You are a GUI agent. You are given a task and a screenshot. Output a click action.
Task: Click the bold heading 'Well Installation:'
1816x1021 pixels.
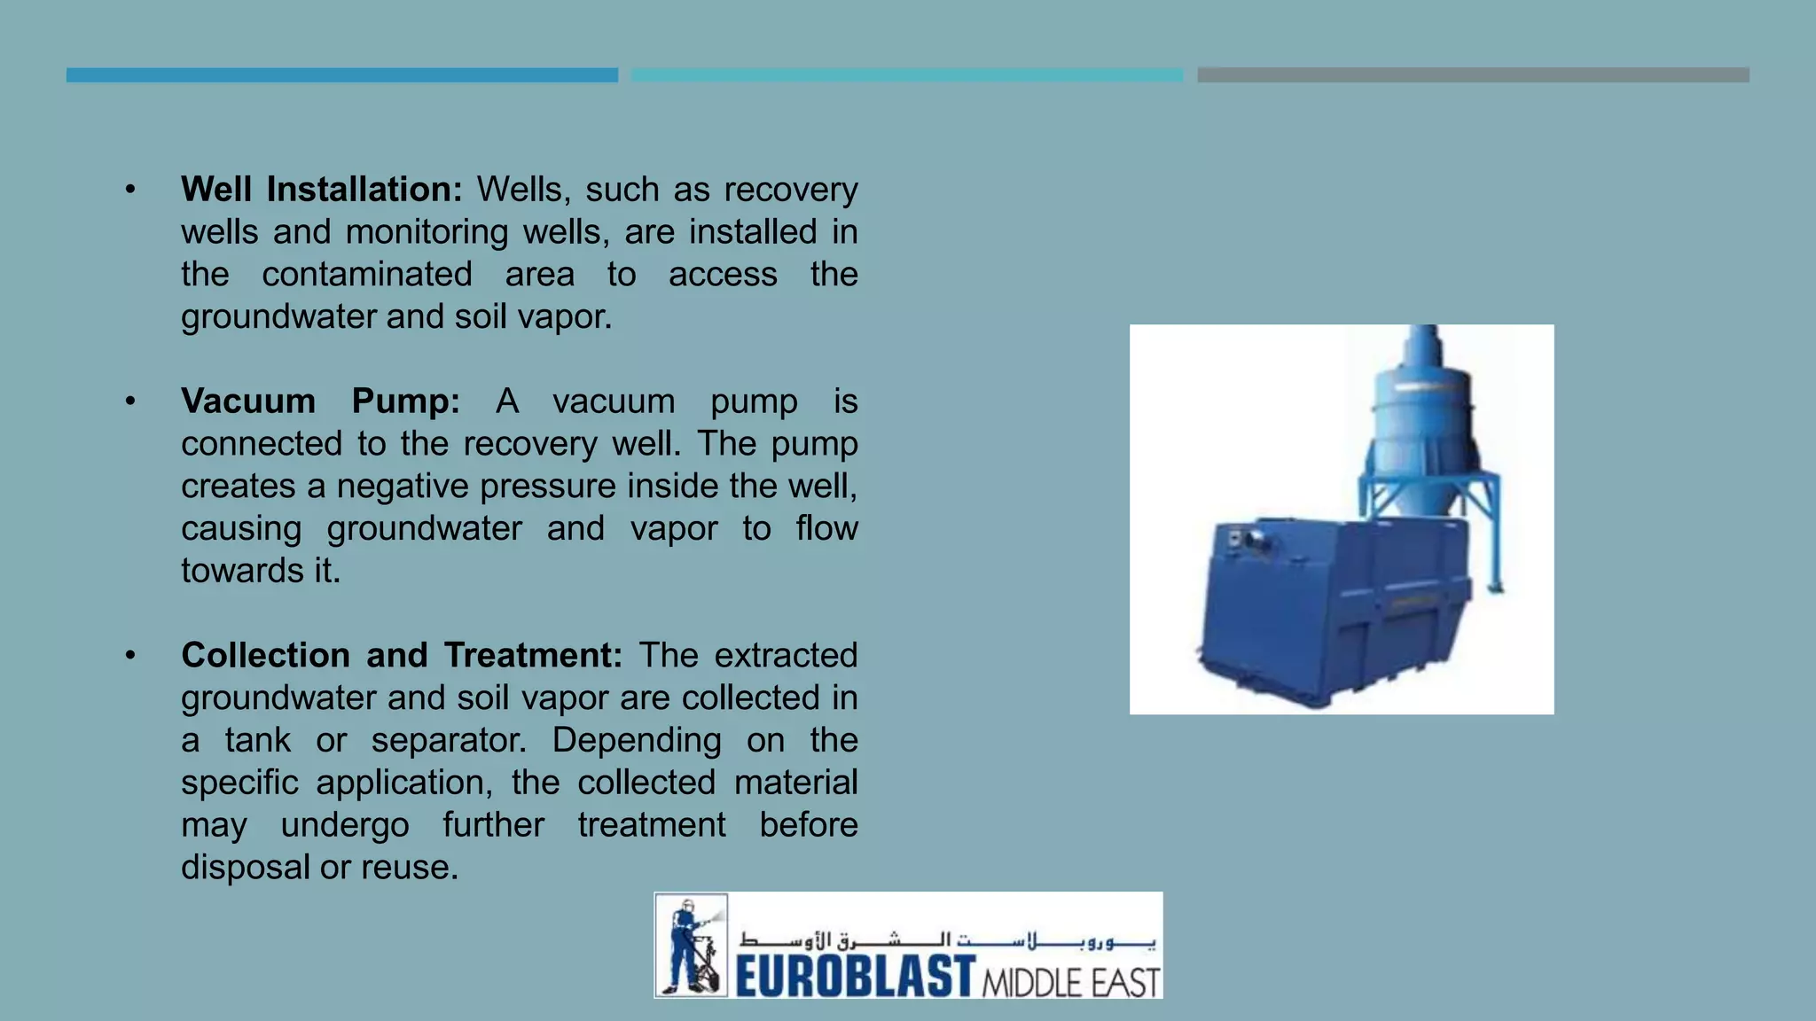(321, 190)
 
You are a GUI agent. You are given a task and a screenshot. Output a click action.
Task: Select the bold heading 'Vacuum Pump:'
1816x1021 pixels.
(320, 401)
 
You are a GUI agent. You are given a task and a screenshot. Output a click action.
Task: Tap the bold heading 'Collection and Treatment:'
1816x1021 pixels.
(402, 656)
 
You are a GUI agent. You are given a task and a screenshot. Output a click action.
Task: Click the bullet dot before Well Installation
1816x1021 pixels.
(130, 190)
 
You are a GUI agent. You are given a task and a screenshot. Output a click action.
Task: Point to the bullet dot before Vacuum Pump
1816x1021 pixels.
(130, 401)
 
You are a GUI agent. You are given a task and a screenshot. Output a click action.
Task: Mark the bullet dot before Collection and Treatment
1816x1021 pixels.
(130, 656)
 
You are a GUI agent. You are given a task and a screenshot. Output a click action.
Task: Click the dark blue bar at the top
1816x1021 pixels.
(341, 75)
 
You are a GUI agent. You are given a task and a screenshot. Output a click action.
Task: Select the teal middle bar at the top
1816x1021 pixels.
(906, 75)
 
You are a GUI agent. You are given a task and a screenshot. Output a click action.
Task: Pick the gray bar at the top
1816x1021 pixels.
(1472, 75)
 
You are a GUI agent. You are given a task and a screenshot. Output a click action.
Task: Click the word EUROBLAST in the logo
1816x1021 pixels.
(855, 977)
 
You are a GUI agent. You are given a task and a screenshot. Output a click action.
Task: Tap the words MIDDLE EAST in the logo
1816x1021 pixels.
(1071, 982)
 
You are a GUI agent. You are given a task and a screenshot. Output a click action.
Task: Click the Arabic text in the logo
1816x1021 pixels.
(947, 939)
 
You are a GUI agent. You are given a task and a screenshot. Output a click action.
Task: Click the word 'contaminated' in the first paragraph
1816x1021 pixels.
(366, 275)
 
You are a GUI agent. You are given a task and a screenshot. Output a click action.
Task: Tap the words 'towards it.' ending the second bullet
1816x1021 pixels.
(261, 571)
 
